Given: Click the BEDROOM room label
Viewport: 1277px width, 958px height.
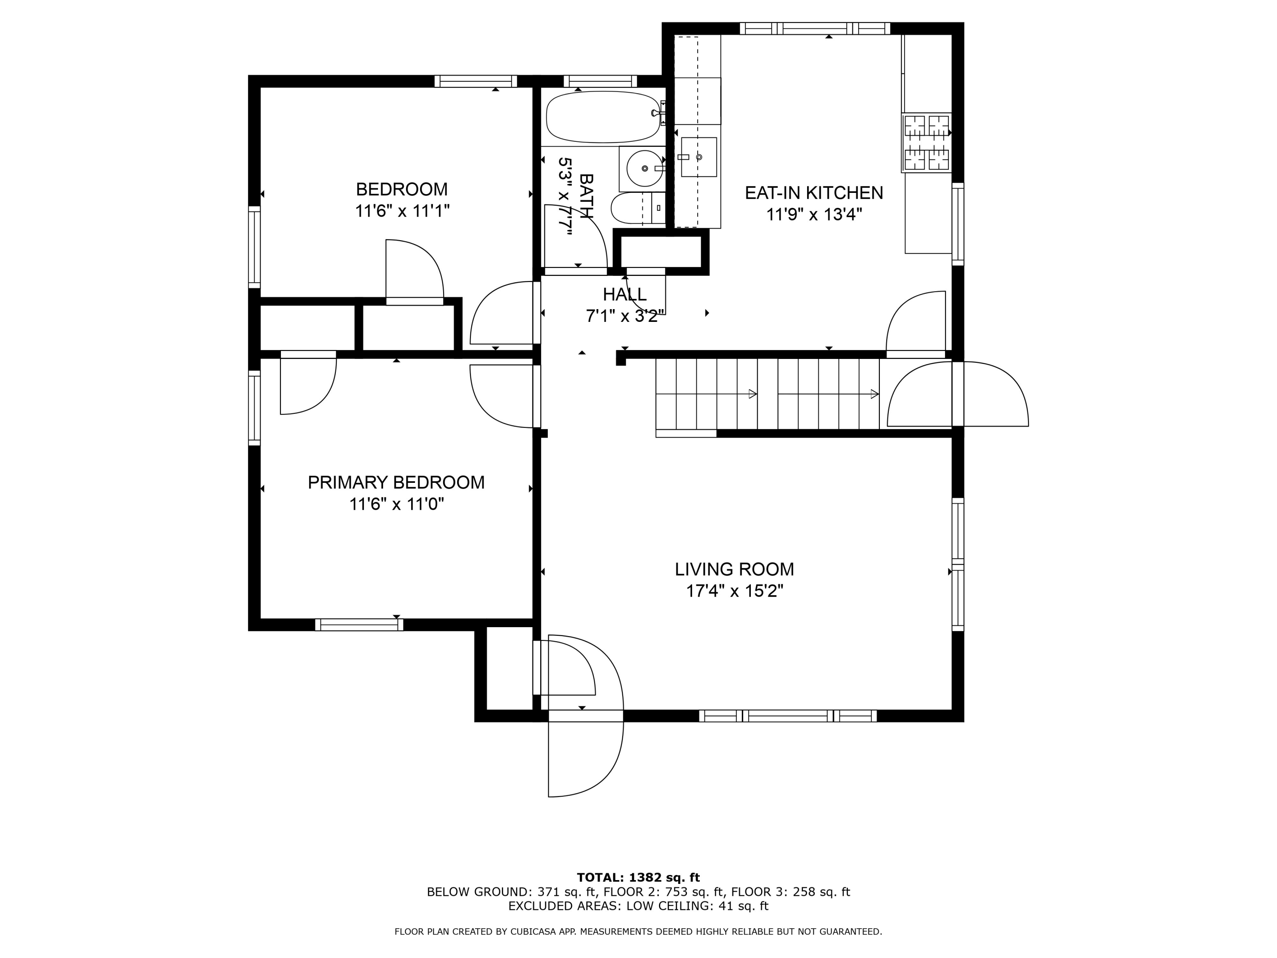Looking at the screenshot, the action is coord(402,189).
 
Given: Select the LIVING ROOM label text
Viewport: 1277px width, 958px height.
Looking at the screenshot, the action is coord(734,569).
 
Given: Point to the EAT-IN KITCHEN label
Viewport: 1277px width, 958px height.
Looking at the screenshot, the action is coord(814,193).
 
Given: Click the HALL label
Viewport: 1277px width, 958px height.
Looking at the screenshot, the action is coord(624,295).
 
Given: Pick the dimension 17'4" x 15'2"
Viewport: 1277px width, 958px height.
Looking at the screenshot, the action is coord(734,591).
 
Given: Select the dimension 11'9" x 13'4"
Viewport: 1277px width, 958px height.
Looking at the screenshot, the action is coord(814,215).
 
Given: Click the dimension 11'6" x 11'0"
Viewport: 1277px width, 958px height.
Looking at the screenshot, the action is coord(396,505).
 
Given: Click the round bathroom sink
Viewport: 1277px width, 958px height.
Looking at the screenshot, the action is coord(644,168).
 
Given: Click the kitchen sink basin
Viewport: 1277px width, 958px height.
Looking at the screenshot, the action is coord(699,157).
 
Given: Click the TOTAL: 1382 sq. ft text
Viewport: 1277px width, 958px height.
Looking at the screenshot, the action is coord(638,878).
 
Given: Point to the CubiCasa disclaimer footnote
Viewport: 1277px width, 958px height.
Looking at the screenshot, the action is coord(638,932).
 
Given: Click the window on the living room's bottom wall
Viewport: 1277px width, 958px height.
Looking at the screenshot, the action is coord(788,716).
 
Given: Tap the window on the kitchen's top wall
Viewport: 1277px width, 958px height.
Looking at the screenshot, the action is coord(815,28).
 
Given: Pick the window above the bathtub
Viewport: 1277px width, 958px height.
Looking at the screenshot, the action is coord(600,81).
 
